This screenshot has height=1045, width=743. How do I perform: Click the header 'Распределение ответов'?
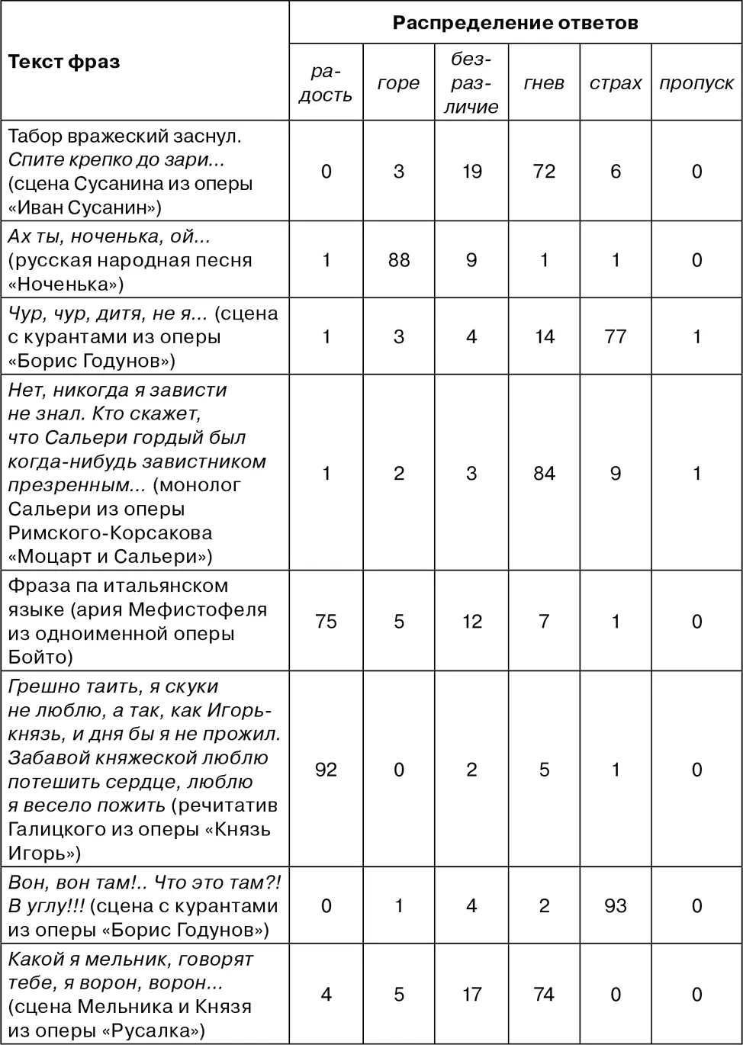click(x=515, y=23)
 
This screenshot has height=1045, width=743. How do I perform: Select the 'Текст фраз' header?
click(x=64, y=62)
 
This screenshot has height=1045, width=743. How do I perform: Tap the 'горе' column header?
click(x=398, y=83)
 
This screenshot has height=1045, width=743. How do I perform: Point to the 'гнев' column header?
click(x=544, y=83)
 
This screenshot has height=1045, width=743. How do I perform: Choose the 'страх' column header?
click(x=616, y=83)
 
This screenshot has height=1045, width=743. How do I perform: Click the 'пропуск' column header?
click(x=696, y=83)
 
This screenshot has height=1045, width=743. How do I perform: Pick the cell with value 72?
click(x=544, y=171)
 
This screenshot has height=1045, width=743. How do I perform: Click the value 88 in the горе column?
click(x=398, y=260)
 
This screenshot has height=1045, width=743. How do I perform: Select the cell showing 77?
click(x=616, y=336)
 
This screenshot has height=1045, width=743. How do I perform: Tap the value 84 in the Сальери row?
click(x=544, y=473)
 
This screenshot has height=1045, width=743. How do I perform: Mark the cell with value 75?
click(x=326, y=622)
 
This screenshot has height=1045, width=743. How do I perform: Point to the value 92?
click(x=326, y=770)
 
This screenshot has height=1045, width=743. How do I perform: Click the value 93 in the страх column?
click(x=616, y=905)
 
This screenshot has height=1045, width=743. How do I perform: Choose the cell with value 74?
click(x=544, y=995)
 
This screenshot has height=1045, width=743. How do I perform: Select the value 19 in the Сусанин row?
click(x=471, y=171)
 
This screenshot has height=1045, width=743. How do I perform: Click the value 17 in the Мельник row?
click(x=471, y=995)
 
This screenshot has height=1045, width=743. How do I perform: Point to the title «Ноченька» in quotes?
click(x=65, y=284)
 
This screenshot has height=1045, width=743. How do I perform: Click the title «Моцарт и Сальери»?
click(x=111, y=557)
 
